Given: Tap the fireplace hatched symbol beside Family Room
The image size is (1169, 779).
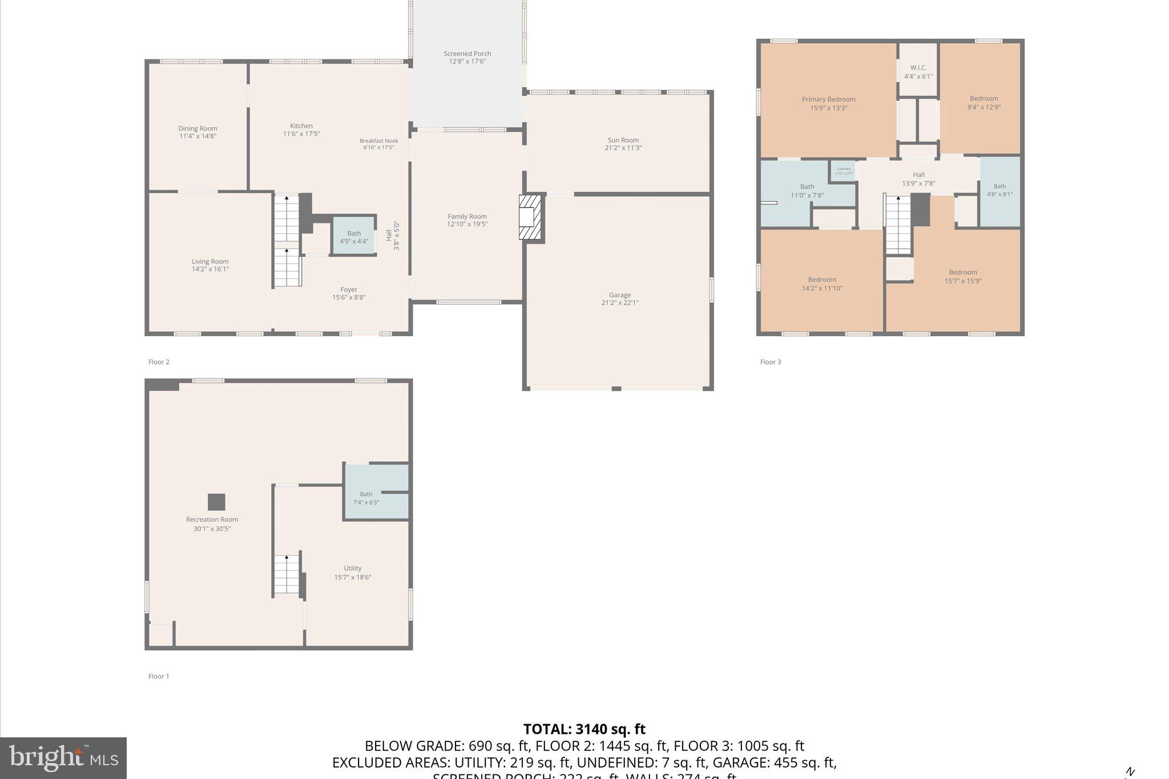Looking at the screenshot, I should pyautogui.click(x=529, y=217).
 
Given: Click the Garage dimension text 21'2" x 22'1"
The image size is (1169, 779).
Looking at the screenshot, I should pyautogui.click(x=619, y=303).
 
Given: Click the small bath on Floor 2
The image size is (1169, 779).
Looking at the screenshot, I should pyautogui.click(x=354, y=237).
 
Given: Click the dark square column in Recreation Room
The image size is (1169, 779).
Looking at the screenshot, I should pyautogui.click(x=216, y=502).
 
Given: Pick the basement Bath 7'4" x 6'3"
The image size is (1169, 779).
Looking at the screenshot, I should pyautogui.click(x=366, y=498).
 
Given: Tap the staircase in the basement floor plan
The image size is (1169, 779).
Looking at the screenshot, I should pyautogui.click(x=287, y=575).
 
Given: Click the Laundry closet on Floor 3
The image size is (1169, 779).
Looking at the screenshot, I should pyautogui.click(x=844, y=171).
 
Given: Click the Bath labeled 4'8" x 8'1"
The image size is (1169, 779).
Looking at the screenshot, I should pyautogui.click(x=999, y=190).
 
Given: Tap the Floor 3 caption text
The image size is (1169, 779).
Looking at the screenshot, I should pyautogui.click(x=771, y=362).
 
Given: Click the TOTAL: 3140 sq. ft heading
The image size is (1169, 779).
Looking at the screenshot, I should pyautogui.click(x=584, y=729).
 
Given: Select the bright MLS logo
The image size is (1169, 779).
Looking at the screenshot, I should pyautogui.click(x=63, y=758).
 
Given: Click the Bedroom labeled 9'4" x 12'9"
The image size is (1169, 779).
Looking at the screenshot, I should pyautogui.click(x=983, y=103).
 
